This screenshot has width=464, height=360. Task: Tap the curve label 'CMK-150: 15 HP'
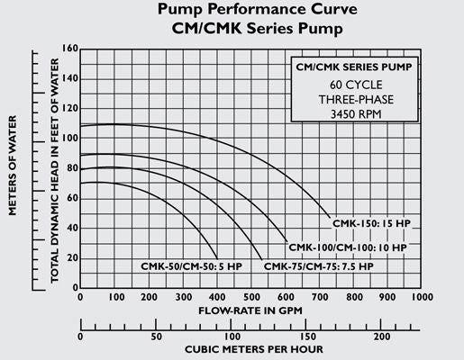pyautogui.click(x=369, y=221)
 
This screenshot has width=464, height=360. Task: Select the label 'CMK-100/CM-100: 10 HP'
pyautogui.click(x=347, y=246)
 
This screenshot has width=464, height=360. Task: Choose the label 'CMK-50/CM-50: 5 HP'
pyautogui.click(x=191, y=266)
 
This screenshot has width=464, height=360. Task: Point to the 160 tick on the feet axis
pyautogui.click(x=69, y=49)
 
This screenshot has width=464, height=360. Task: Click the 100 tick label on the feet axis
pyautogui.click(x=69, y=138)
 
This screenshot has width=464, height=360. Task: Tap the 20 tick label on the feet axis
pyautogui.click(x=72, y=257)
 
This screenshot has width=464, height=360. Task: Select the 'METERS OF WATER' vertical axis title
pyautogui.click(x=14, y=167)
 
